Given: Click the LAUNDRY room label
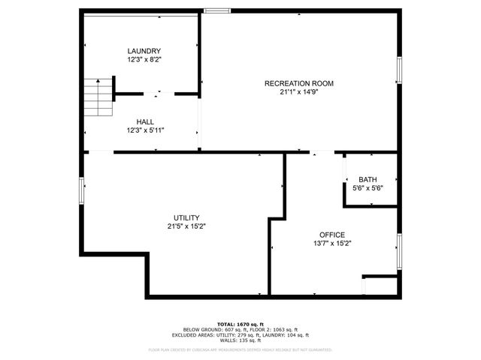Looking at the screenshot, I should (x=144, y=50).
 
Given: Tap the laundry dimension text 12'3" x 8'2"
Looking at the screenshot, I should (x=144, y=59).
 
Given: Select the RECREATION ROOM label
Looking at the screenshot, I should (x=298, y=83).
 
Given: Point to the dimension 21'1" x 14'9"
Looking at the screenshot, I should (x=298, y=92).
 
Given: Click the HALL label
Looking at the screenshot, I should (x=146, y=121).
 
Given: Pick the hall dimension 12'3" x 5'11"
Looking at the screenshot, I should (x=146, y=130).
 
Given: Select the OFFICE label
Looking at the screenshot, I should (x=332, y=234).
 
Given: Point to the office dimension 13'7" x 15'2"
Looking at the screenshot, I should (x=332, y=243).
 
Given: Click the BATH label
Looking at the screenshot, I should (x=368, y=179).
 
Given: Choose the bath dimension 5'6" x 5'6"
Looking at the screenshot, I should (x=368, y=188).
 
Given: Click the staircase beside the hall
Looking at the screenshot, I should (x=96, y=97).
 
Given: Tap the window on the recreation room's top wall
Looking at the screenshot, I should (x=217, y=10).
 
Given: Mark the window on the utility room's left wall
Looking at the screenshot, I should (x=81, y=190).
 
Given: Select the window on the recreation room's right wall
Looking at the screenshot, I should (x=399, y=70).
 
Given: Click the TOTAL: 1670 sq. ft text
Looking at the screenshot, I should (x=240, y=324).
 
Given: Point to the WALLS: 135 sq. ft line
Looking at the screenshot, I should (x=240, y=340).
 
